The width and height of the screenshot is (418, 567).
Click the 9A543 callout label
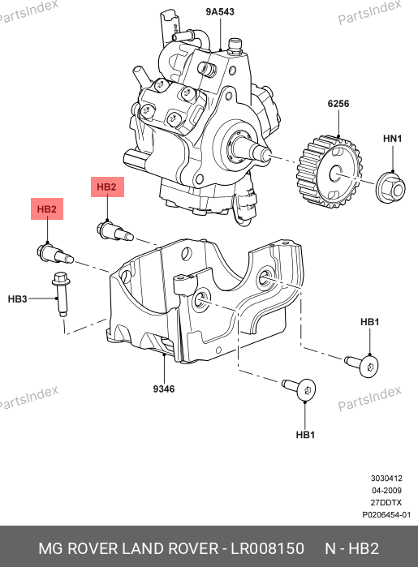click(x=220, y=11)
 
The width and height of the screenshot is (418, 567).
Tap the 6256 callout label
click(x=338, y=104)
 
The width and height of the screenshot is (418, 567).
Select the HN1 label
click(x=393, y=139)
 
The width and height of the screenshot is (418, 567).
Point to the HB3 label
click(x=17, y=299)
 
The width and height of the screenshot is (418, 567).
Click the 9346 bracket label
click(x=164, y=389)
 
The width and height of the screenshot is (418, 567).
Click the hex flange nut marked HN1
click(x=390, y=187)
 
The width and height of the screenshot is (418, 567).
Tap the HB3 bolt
click(x=61, y=294)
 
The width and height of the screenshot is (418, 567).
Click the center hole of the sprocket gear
click(x=335, y=174)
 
